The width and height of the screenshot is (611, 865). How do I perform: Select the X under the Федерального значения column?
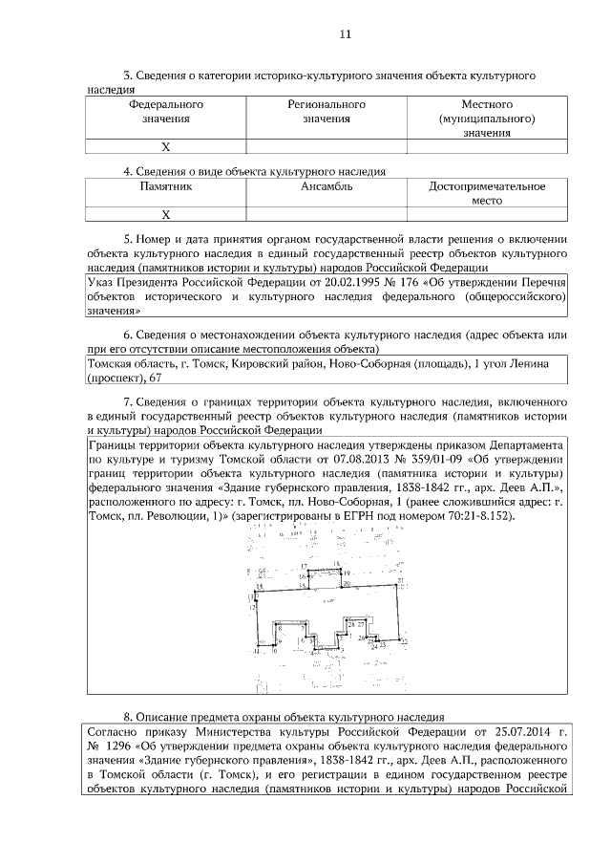(165, 147)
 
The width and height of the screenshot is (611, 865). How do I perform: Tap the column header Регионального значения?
(327, 111)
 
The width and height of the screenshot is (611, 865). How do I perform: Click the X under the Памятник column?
(165, 215)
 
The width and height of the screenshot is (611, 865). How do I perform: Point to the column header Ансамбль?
(327, 187)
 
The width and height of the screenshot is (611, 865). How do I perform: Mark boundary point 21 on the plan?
(401, 581)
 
